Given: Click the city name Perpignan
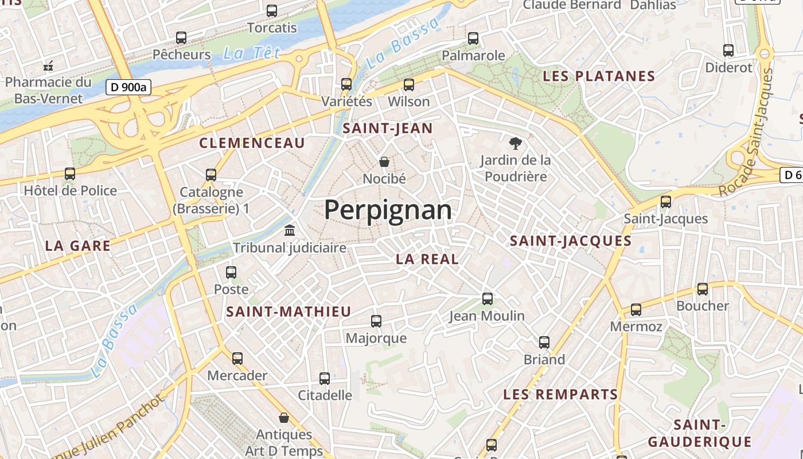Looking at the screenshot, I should [388, 210].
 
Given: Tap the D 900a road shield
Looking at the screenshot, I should [129, 88].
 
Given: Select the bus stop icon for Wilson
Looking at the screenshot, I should [409, 85].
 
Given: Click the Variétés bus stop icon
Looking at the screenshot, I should [346, 84].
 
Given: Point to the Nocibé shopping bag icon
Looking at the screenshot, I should [384, 162].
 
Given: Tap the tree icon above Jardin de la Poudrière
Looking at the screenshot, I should [516, 143].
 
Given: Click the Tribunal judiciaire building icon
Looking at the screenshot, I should [290, 230].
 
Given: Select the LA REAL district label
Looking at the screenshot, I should [427, 259].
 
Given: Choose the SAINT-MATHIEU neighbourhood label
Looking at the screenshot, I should [289, 312].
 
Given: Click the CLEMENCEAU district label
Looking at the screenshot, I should [252, 143].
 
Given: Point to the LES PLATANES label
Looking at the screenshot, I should [599, 76].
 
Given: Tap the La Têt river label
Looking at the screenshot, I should [251, 53].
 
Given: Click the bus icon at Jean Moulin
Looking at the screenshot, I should [488, 298].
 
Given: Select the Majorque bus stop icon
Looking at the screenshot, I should [376, 321].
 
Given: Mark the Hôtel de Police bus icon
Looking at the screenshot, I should [70, 173].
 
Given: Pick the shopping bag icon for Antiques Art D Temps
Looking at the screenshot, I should [284, 417].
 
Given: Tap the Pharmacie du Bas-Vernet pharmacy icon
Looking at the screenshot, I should [48, 65].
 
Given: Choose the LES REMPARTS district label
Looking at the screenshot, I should [560, 395].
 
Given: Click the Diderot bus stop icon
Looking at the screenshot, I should [728, 50].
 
